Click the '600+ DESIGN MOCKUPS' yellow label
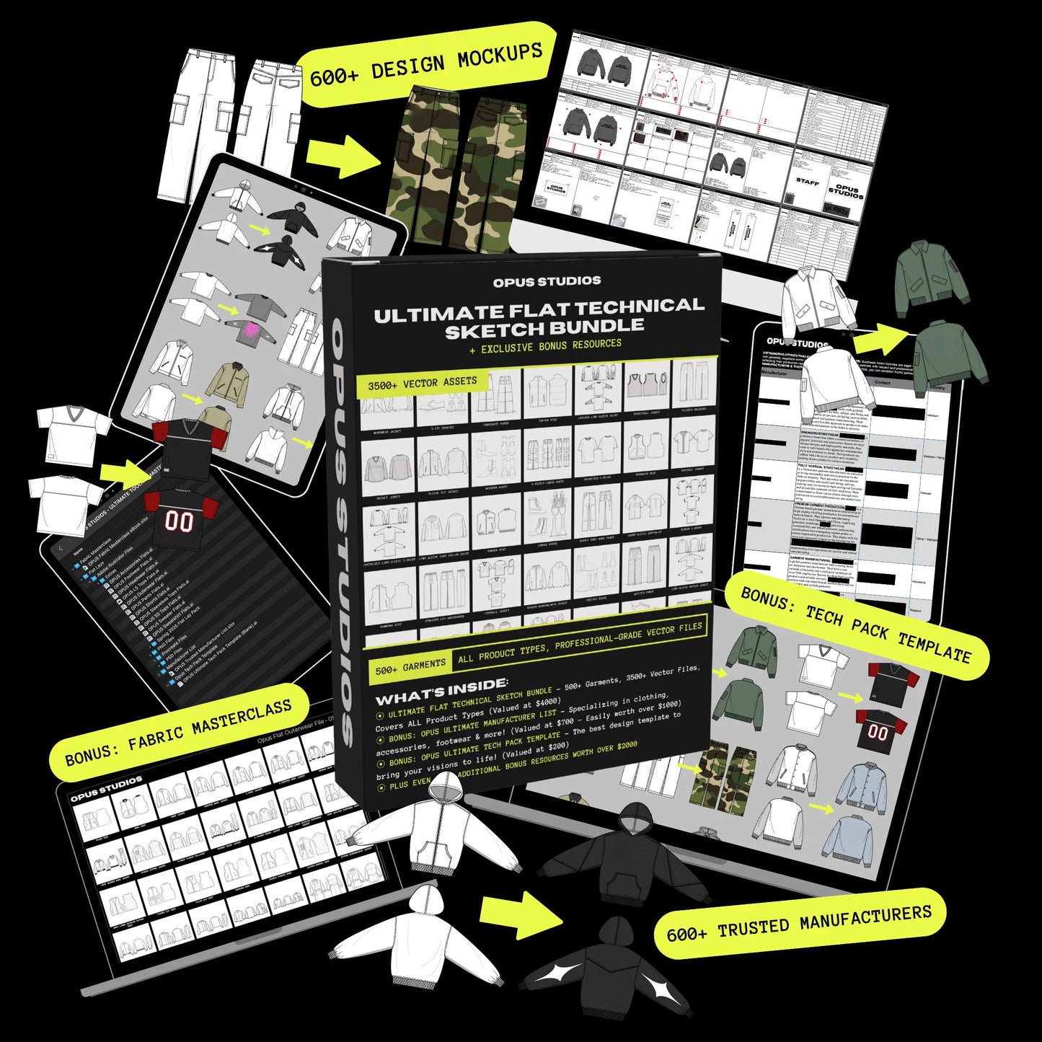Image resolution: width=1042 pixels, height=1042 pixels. pyautogui.click(x=425, y=64)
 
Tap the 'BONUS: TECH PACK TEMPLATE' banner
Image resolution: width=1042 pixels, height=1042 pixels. pyautogui.click(x=856, y=625)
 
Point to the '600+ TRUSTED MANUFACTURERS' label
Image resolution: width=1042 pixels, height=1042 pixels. pyautogui.click(x=799, y=924)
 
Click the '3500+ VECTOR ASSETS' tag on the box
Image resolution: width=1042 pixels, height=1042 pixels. pyautogui.click(x=423, y=384)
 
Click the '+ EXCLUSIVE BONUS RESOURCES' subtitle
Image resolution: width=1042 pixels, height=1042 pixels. pyautogui.click(x=545, y=347)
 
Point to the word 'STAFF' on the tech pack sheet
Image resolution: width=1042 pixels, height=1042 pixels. pyautogui.click(x=807, y=182)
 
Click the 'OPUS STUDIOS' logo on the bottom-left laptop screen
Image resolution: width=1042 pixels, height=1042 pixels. pyautogui.click(x=106, y=788)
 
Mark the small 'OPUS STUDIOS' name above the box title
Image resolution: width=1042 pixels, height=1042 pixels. pyautogui.click(x=547, y=281)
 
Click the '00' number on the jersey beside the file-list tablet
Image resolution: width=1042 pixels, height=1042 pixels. pyautogui.click(x=178, y=521)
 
